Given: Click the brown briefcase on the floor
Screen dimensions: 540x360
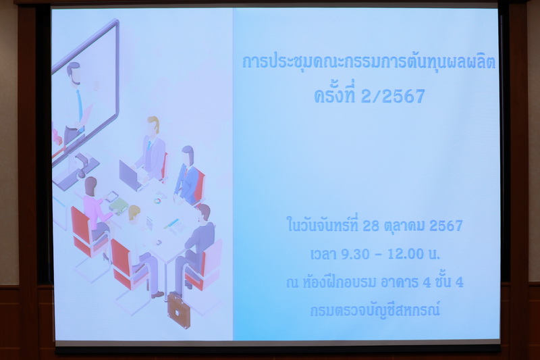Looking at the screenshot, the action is pos(178,311).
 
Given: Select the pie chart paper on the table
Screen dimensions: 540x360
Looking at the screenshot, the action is pos(159,199).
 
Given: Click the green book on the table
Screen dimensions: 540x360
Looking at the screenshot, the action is pos(119,206).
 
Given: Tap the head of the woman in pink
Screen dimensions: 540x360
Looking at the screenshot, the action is pos(90,186).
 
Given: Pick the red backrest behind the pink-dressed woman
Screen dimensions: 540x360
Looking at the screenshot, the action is pos(80,228).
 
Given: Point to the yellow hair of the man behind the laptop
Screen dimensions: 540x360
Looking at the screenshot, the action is pos(154,122).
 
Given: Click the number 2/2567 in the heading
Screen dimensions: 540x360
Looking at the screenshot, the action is pos(393,96).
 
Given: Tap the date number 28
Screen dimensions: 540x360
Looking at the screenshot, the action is pos(371,226).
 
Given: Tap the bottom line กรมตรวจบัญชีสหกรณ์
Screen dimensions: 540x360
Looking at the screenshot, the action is pos(375,310).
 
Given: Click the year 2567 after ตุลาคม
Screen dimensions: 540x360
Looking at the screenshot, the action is pos(446,226).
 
